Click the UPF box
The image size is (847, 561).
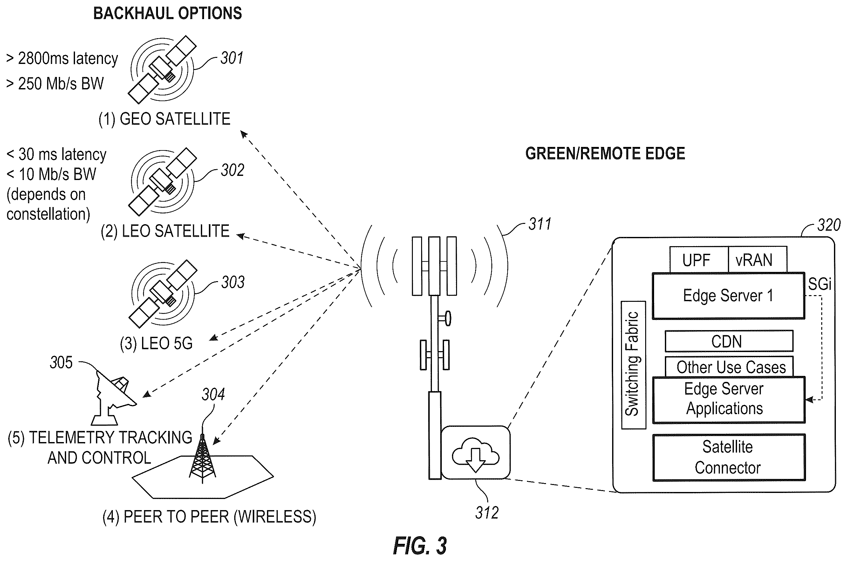coord(699,260)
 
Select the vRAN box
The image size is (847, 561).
coord(758,260)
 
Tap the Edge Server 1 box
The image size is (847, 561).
coord(728,296)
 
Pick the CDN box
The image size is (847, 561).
coord(729,341)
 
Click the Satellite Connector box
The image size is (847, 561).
coord(729,458)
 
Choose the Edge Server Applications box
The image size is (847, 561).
coord(729,400)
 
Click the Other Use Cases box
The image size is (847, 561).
coord(729,366)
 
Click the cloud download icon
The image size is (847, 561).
coord(475,455)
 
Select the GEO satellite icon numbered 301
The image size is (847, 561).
coord(162,69)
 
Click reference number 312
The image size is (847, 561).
coord(487,513)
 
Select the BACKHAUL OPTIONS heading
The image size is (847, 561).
coord(167,13)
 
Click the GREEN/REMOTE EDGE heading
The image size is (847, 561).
coord(605,154)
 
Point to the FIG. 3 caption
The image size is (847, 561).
coord(420,546)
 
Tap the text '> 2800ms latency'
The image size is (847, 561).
coord(62,59)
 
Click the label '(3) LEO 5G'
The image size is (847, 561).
coord(156,343)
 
